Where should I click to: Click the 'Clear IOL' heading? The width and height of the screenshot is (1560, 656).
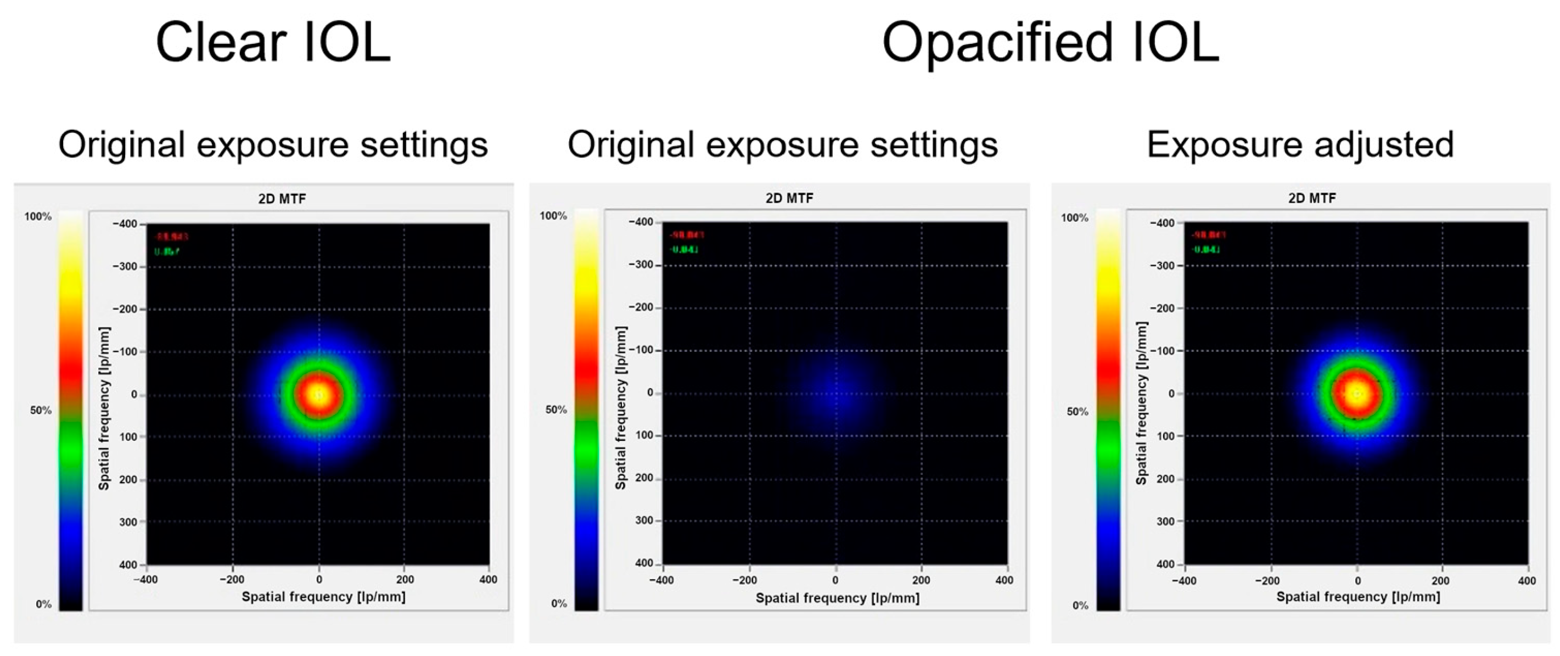click(x=273, y=42)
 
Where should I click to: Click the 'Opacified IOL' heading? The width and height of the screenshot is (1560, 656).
click(x=1050, y=42)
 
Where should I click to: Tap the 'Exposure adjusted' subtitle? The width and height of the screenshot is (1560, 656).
click(x=1300, y=145)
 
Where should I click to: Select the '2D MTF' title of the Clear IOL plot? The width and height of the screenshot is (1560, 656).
click(x=282, y=199)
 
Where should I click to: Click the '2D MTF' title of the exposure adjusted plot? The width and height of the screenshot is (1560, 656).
click(x=1312, y=198)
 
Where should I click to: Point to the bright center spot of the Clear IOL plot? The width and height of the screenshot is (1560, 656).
click(x=318, y=395)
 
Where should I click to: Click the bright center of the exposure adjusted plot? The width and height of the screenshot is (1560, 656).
click(x=1356, y=394)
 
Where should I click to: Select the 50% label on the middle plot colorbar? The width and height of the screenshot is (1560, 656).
click(x=556, y=410)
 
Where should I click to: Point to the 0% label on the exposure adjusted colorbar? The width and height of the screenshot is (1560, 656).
click(x=1080, y=605)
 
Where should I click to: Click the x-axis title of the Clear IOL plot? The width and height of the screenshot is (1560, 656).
click(x=323, y=597)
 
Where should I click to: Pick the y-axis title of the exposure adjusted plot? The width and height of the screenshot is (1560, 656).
click(x=1142, y=403)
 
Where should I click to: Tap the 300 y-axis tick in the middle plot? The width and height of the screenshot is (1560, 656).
click(x=644, y=521)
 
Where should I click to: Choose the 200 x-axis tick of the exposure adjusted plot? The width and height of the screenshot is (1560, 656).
click(x=1440, y=581)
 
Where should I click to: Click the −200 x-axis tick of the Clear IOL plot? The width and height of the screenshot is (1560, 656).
click(x=232, y=580)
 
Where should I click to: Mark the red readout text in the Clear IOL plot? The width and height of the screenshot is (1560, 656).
click(x=171, y=237)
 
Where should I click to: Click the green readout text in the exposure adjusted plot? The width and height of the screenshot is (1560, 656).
click(x=1206, y=250)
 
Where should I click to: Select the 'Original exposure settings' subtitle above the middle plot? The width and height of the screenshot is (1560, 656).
click(x=782, y=145)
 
